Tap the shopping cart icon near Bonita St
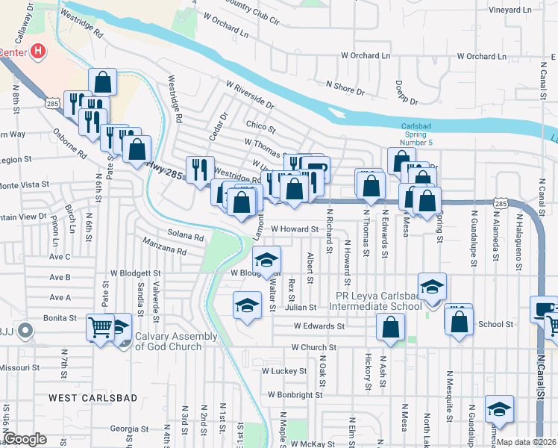coord(100,326)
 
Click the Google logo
coord(25,439)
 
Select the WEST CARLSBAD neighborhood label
coord(93,398)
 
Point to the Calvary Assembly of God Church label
coord(176,340)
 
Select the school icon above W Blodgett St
coord(265,258)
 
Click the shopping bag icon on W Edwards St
coord(391,326)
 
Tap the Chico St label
coord(261,128)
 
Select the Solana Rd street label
coord(186,236)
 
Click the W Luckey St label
coord(284,370)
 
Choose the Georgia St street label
coord(130,429)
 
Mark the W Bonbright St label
coord(295,394)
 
